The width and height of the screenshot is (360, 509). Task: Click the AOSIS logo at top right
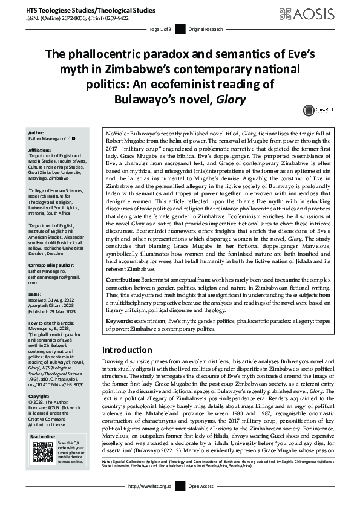point(314,13)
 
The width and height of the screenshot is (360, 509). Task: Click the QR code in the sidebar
point(43,452)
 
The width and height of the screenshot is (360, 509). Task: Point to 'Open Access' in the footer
point(203,502)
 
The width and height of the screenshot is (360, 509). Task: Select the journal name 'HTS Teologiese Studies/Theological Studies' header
point(82,10)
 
